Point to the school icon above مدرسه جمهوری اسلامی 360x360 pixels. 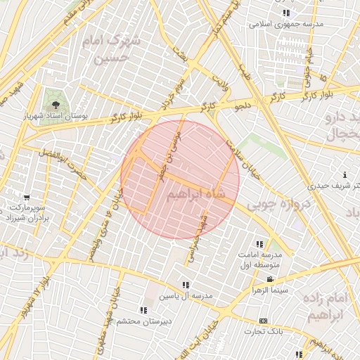(285, 13)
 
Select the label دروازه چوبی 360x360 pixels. (261, 205)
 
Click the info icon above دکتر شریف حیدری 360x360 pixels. (344, 174)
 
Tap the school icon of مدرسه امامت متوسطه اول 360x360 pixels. (260, 245)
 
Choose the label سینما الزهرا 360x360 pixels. (271, 290)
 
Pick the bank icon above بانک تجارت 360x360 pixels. (263, 320)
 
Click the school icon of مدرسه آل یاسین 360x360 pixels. (186, 285)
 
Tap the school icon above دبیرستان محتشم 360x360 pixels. (143, 310)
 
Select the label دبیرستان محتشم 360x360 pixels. (143, 321)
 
